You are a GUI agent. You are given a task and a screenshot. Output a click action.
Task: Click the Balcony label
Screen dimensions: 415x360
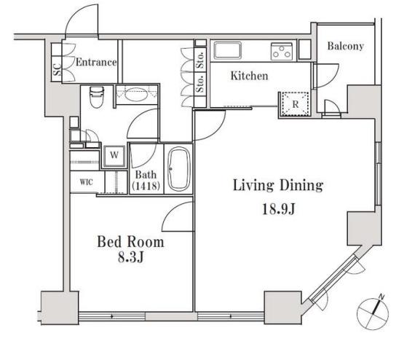(x=345, y=46)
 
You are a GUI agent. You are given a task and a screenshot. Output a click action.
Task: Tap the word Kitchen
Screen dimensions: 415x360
(x=249, y=76)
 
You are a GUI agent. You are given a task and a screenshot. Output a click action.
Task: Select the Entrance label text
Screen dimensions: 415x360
(x=96, y=62)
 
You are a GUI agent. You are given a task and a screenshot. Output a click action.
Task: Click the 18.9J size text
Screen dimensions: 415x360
(x=279, y=209)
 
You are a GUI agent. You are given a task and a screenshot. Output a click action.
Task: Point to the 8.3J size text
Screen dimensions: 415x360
(x=131, y=257)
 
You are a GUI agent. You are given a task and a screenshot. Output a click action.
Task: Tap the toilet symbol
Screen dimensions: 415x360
(x=96, y=97)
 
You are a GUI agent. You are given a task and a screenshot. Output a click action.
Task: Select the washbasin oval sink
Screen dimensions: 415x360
(x=136, y=94)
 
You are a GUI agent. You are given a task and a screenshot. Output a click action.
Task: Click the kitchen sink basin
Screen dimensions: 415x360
(x=228, y=50)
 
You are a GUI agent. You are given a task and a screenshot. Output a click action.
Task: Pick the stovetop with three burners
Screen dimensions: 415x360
(x=282, y=52)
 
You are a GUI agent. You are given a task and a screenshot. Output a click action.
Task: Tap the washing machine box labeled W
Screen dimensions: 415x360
(x=114, y=155)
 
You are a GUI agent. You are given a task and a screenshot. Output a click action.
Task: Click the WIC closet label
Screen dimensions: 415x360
(x=87, y=182)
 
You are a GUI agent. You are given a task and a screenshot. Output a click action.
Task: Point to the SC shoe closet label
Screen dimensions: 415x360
(x=57, y=70)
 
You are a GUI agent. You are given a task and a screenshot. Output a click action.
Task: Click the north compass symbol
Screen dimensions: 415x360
(x=373, y=313)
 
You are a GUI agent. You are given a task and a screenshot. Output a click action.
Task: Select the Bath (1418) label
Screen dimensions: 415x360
(x=146, y=180)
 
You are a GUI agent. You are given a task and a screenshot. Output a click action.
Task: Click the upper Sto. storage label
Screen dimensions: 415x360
(x=201, y=59)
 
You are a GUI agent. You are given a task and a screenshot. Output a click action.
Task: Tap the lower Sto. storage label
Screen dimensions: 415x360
(x=200, y=84)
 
